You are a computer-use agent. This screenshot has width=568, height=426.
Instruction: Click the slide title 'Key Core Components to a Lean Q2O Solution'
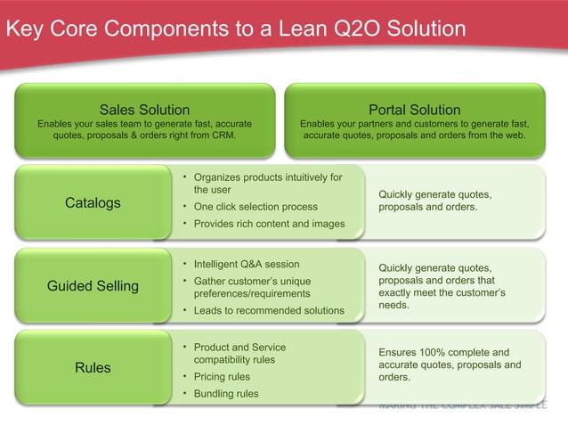pyautogui.click(x=235, y=29)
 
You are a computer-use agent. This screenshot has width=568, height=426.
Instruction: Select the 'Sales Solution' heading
pyautogui.click(x=143, y=110)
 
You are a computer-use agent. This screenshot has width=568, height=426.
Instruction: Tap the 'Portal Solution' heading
pyautogui.click(x=414, y=110)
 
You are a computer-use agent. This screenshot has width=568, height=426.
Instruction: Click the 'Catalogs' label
pyautogui.click(x=93, y=203)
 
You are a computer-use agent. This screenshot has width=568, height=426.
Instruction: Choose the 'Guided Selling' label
pyautogui.click(x=93, y=286)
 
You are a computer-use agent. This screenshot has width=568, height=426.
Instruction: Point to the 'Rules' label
pyautogui.click(x=93, y=367)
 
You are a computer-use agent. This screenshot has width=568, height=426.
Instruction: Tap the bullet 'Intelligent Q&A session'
pyautogui.click(x=247, y=264)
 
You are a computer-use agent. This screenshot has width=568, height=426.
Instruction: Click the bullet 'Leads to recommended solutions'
pyautogui.click(x=269, y=310)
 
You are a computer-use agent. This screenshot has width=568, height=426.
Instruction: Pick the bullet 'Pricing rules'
pyautogui.click(x=222, y=377)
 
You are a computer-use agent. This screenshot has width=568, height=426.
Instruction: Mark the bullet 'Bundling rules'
pyautogui.click(x=226, y=394)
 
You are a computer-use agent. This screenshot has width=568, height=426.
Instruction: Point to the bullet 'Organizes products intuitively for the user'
pyautogui.click(x=267, y=183)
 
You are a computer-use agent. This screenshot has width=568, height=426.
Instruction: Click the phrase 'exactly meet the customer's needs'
pyautogui.click(x=441, y=299)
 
